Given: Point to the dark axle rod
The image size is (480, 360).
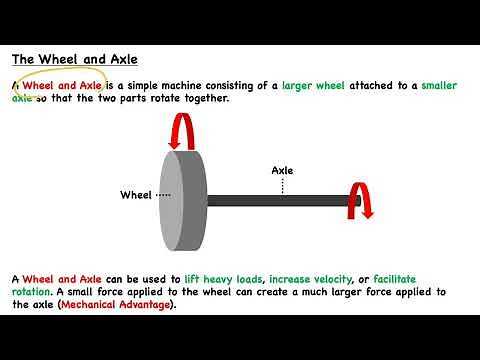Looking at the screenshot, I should click(x=280, y=200).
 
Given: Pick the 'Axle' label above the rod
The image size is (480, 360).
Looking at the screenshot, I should click(x=283, y=170).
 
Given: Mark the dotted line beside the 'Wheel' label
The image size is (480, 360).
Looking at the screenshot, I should click(x=164, y=194).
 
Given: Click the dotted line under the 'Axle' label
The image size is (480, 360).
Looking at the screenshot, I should click(x=283, y=185).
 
